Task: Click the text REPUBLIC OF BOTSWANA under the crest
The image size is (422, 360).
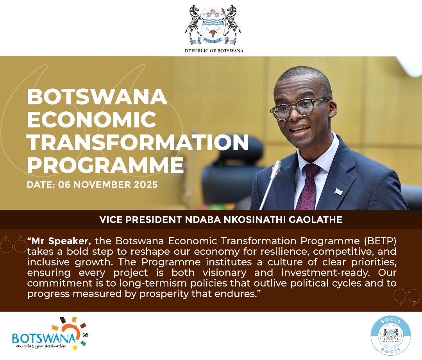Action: pyautogui.click(x=214, y=51)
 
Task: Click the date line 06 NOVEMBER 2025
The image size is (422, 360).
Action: pyautogui.click(x=92, y=184)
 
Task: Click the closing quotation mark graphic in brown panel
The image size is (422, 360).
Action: pyautogui.click(x=406, y=297)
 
